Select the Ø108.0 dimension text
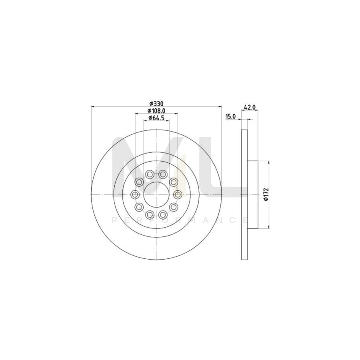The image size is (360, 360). tap(156, 111)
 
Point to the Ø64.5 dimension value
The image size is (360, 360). tap(156, 118)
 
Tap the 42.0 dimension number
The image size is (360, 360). tap(250, 107)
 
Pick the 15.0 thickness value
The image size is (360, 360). tap(231, 116)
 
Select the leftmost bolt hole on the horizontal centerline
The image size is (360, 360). tap(135, 194)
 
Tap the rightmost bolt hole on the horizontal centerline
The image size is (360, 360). tap(178, 194)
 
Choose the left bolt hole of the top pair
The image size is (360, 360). tap(150, 174)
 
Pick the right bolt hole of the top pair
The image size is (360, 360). tap(163, 174)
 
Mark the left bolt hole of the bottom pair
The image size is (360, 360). tap(150, 215)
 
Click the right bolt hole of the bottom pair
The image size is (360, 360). tap(163, 215)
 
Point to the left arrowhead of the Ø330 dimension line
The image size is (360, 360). tap(93, 107)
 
